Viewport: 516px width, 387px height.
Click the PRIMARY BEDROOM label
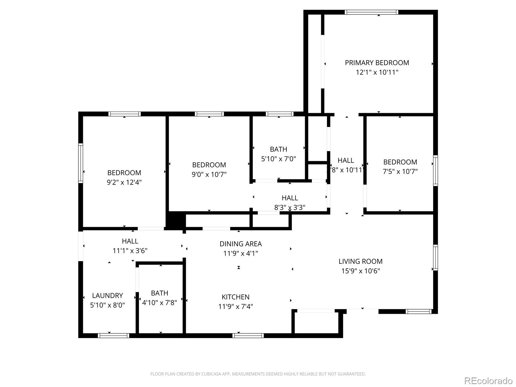click(377, 63)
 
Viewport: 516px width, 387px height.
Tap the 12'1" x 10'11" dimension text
click(377, 72)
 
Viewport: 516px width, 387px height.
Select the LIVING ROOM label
click(360, 261)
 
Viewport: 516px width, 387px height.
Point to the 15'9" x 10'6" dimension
click(360, 271)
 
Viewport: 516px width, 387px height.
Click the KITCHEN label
click(235, 297)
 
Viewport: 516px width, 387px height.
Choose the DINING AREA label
click(241, 244)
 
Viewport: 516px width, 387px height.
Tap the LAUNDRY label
click(107, 296)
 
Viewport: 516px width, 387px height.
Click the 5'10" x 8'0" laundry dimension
click(107, 305)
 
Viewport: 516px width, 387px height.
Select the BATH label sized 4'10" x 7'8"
click(160, 293)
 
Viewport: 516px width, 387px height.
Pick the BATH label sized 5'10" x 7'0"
click(279, 149)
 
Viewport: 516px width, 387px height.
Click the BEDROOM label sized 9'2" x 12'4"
click(124, 173)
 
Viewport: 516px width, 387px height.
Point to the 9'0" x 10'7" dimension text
click(209, 174)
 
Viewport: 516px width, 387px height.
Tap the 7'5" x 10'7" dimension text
click(400, 172)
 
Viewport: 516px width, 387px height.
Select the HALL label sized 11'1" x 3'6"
click(130, 241)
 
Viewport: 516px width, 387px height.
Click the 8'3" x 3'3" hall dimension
click(290, 207)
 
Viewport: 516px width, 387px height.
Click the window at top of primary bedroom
click(372, 12)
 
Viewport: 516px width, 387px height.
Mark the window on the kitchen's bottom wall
click(248, 335)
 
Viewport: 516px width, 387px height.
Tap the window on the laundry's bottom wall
click(113, 335)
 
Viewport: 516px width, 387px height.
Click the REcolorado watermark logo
click(488, 380)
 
